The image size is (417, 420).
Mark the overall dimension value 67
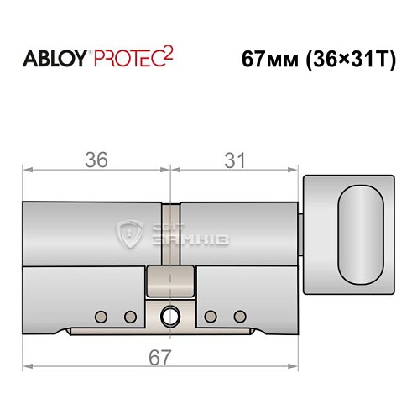(159, 356)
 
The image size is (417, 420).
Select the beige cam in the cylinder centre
(171, 281)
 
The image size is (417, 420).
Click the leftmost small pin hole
(102, 316)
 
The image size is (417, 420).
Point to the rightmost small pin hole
(240, 316)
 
